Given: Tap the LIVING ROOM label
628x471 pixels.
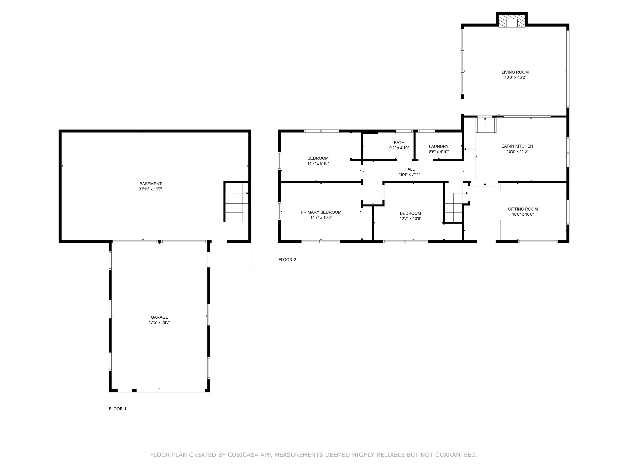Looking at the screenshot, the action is (515, 72).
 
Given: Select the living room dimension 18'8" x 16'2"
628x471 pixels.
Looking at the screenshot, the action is (515, 77).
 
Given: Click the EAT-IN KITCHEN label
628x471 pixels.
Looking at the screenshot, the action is (517, 146).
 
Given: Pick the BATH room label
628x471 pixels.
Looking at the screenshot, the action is (399, 143).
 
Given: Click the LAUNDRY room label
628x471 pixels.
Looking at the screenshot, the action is (439, 147).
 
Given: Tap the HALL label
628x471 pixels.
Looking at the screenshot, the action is (409, 169).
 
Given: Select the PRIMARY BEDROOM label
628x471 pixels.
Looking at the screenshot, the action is (321, 212).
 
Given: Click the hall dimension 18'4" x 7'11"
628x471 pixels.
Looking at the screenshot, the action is (409, 175).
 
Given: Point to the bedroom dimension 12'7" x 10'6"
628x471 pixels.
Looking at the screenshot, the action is (410, 219).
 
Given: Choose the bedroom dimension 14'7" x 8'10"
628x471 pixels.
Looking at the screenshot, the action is (318, 163).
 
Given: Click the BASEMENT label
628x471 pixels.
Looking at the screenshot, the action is (151, 184).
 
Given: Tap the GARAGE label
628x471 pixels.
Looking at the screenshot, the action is (159, 317).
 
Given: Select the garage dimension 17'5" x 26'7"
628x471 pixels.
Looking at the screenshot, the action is (159, 323).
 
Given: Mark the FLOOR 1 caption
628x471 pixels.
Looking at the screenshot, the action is (117, 409).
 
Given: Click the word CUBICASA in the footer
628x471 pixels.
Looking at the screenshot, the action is (243, 455).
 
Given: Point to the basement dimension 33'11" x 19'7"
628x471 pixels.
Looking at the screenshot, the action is (151, 189).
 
